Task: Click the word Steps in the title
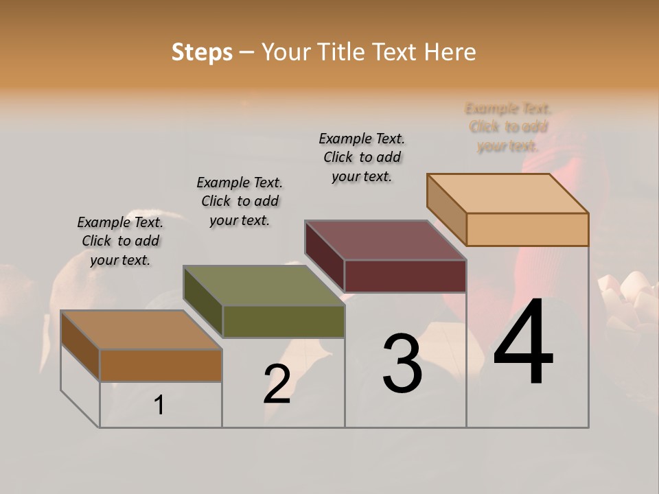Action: click(x=202, y=52)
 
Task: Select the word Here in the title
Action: click(x=450, y=52)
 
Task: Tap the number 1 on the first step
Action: click(x=159, y=405)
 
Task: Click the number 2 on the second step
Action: click(x=277, y=384)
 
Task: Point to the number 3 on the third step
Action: click(x=402, y=364)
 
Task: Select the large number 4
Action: click(x=523, y=343)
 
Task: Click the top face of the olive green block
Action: click(x=264, y=285)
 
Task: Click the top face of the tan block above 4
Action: click(x=508, y=193)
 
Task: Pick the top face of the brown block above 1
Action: click(x=141, y=330)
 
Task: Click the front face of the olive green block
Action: click(x=284, y=321)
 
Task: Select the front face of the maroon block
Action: click(x=405, y=276)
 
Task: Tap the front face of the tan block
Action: click(x=527, y=229)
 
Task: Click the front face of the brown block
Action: click(x=161, y=365)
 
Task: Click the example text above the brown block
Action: click(x=120, y=241)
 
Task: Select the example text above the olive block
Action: click(x=240, y=201)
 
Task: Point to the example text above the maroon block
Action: click(x=362, y=157)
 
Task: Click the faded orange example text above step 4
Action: click(x=508, y=127)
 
